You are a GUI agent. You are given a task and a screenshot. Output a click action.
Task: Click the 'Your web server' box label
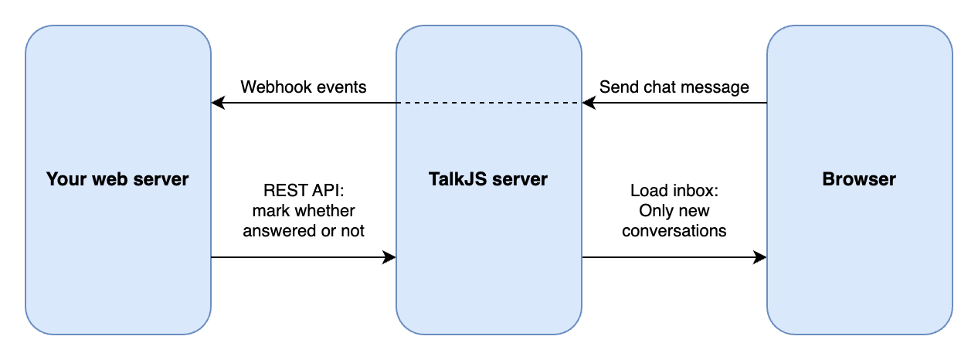click(117, 179)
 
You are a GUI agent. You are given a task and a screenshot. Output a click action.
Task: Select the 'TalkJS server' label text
click(488, 179)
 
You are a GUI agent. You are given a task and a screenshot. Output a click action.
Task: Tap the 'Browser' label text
click(859, 179)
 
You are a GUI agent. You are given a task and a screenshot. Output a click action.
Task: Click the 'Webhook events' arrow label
click(304, 87)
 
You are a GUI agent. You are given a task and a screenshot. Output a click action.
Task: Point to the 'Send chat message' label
click(674, 87)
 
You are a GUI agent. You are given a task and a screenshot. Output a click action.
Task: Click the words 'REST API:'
click(304, 190)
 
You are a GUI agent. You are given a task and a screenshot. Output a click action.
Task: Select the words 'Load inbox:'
click(674, 190)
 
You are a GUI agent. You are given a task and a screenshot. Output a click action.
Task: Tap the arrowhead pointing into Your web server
click(217, 103)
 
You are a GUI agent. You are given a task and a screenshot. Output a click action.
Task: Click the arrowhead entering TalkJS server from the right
click(588, 103)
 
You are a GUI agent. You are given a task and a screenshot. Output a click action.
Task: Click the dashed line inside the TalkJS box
click(488, 103)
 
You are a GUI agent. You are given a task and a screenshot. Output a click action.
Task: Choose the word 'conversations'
click(674, 230)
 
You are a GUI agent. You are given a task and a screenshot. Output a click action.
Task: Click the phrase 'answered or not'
click(304, 230)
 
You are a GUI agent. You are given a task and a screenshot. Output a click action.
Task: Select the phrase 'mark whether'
click(304, 210)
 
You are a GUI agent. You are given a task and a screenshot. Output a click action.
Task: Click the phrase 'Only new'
click(674, 210)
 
